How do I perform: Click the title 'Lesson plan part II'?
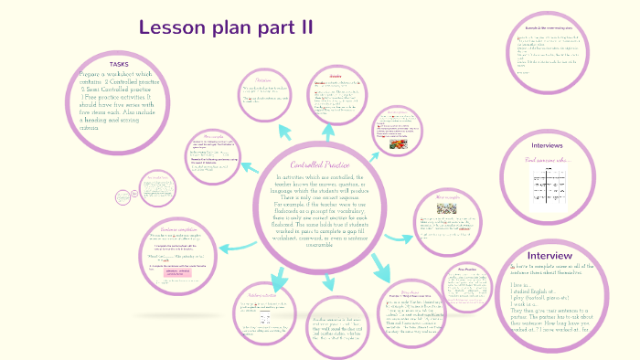(225, 27)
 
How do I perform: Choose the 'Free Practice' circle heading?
(468, 270)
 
